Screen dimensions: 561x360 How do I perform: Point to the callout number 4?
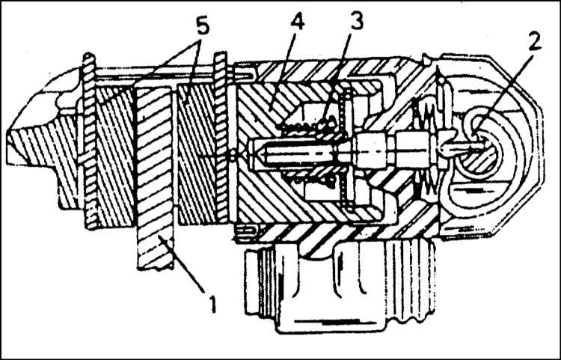297,23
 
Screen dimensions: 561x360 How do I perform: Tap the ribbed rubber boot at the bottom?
340,287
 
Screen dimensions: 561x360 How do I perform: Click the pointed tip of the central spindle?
251,150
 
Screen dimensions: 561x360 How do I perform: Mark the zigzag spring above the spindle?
421,115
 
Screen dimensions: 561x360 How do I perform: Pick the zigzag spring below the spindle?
426,183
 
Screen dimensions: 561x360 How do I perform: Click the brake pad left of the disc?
115,157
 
